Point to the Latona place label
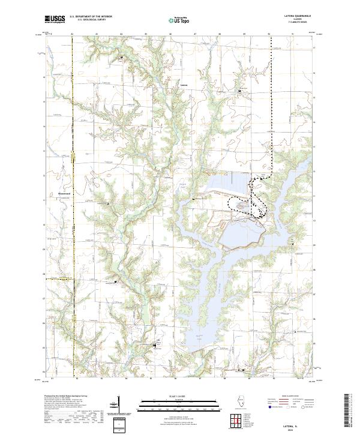click(184, 85)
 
